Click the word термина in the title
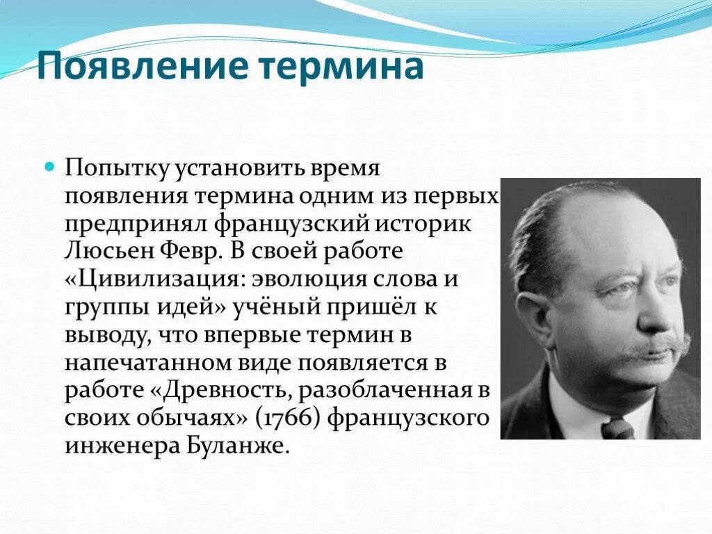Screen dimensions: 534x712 pos(341,67)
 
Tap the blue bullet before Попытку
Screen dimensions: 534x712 pos(49,168)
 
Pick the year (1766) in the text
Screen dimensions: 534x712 pos(288,418)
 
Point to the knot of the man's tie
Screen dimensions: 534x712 pos(617,428)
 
